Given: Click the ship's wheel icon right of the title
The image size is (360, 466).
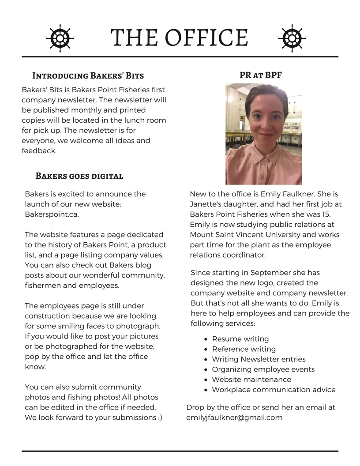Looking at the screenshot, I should (x=292, y=37).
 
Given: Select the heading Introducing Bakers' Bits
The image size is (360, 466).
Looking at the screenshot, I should (x=88, y=75).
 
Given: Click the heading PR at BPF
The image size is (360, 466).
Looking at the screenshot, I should (x=260, y=75).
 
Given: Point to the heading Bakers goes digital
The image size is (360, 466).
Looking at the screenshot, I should (x=79, y=177).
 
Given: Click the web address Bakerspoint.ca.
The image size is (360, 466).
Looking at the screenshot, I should (x=52, y=214).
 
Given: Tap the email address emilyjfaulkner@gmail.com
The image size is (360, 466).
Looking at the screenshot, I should (x=234, y=417).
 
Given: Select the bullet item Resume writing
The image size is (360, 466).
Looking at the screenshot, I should (x=240, y=339).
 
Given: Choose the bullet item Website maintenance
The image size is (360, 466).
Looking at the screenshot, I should (x=251, y=380).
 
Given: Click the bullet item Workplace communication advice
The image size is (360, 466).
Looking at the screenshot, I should (x=274, y=390).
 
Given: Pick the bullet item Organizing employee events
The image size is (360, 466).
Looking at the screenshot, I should (x=263, y=369).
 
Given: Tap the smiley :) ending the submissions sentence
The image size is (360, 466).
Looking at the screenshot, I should (x=160, y=417).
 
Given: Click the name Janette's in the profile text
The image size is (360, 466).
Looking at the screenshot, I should (x=206, y=204).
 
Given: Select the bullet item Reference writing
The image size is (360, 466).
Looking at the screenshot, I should (x=244, y=349).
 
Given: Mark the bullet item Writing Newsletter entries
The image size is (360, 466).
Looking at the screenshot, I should (x=259, y=359).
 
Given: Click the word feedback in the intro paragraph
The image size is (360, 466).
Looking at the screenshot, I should (x=39, y=151).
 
